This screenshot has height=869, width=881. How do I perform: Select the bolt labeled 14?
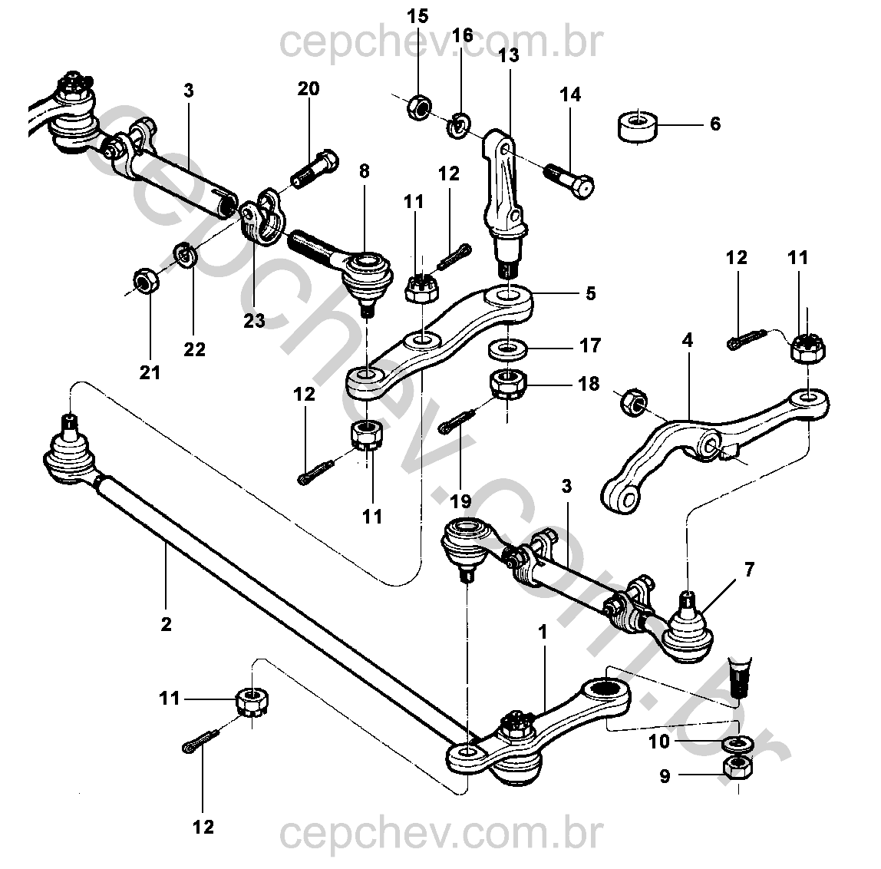(x=572, y=178)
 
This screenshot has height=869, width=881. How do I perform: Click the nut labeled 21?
(x=144, y=283)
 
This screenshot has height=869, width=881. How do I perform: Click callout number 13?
(x=508, y=55)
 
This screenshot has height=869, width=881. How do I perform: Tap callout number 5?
(x=590, y=293)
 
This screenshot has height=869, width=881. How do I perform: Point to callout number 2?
(x=166, y=623)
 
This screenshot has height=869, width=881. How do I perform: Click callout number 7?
(x=749, y=570)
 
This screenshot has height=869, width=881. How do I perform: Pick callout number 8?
(x=364, y=171)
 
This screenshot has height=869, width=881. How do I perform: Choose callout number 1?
(x=543, y=633)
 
